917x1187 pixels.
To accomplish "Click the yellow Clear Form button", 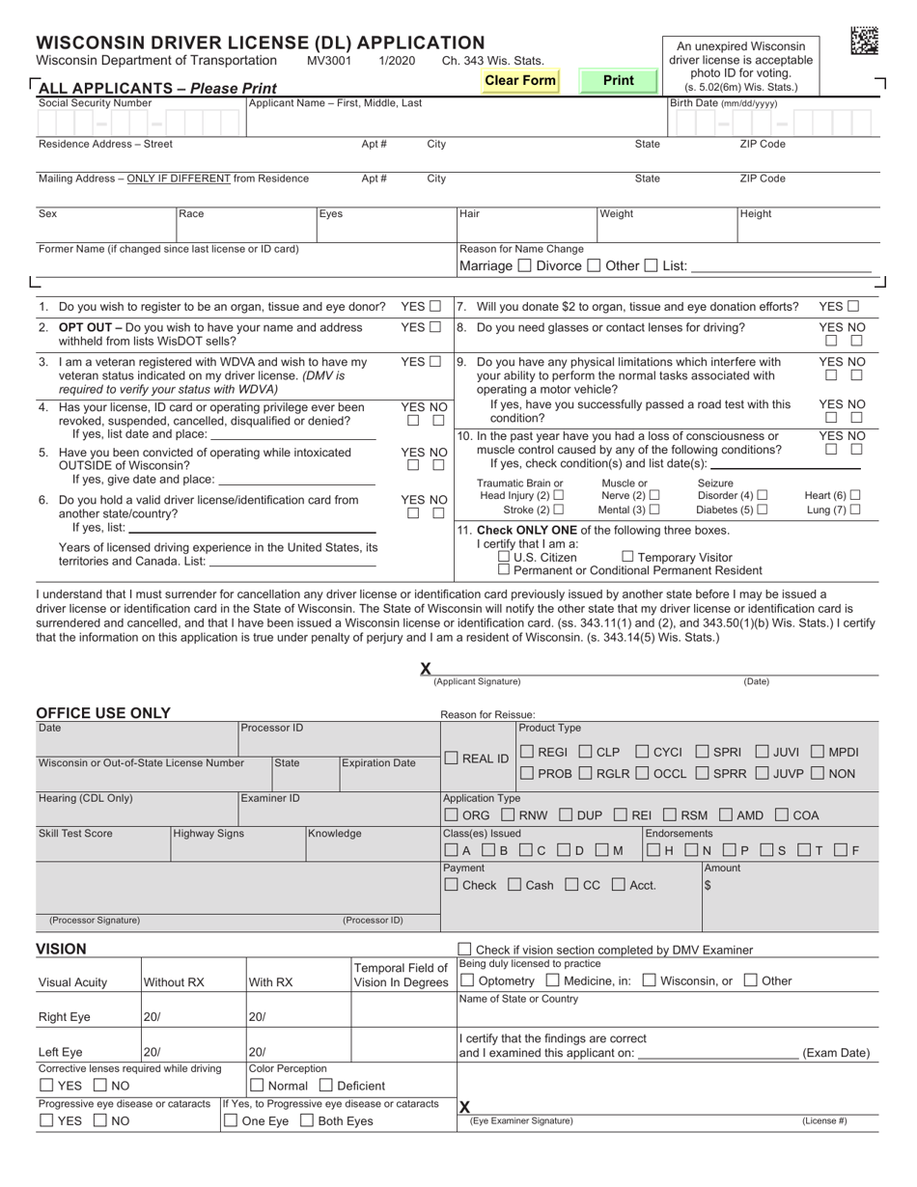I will (520, 81).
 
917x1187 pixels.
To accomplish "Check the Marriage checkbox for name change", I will (524, 265).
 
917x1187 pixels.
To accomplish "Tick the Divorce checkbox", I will (594, 265).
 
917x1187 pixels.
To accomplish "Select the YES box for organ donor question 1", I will (435, 307).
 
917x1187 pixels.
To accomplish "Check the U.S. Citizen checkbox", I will (504, 557).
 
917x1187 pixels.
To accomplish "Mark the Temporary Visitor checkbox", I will (627, 557).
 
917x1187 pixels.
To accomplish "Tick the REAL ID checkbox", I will (452, 759).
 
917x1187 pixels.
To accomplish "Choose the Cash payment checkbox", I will (514, 884).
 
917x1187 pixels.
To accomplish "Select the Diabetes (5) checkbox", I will (763, 510).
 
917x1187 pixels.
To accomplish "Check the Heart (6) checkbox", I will (854, 495).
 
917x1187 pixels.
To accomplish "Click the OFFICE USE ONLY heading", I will (103, 713).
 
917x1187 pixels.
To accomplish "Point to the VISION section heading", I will (61, 950).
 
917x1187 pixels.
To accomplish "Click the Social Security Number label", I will (95, 102).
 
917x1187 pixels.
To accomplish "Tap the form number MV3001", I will (329, 60).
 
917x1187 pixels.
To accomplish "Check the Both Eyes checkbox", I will (306, 1120).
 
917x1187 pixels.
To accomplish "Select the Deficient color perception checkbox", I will (325, 1086).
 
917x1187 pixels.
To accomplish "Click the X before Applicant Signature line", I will (426, 668).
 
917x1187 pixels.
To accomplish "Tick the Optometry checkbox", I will (467, 980).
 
